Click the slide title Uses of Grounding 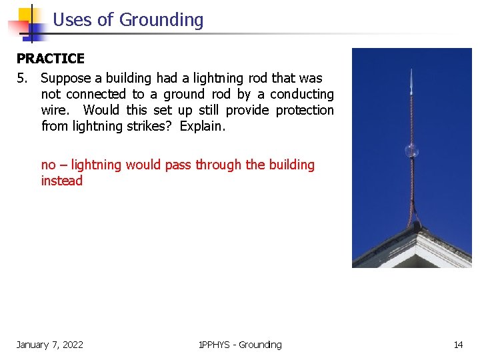[x=127, y=20]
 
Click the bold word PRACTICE [x=50, y=59]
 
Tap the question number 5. [x=23, y=79]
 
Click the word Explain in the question [x=202, y=126]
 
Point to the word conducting [x=301, y=95]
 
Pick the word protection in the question [x=305, y=110]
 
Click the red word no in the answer [x=49, y=165]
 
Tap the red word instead [x=62, y=181]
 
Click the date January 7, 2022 [x=50, y=345]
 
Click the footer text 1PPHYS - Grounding [x=240, y=345]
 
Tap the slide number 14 [x=458, y=345]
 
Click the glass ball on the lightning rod [x=411, y=149]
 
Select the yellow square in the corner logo [x=27, y=15]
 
